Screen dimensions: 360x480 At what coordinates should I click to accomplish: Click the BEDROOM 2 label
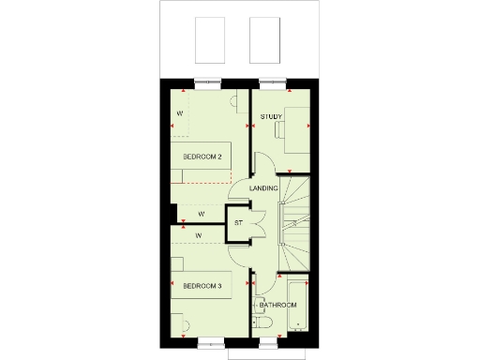click(x=202, y=157)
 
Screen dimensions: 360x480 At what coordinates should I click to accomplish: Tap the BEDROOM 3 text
click(x=202, y=285)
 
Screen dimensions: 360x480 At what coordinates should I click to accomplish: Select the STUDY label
click(x=271, y=117)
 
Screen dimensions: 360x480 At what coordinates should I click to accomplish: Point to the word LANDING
click(x=263, y=188)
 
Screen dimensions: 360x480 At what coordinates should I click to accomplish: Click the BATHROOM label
click(x=278, y=305)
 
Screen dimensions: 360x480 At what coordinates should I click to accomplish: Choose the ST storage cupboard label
click(x=238, y=223)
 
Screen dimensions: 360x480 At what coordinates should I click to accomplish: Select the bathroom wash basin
click(x=258, y=298)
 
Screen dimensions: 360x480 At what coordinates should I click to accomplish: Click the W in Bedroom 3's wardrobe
click(x=200, y=234)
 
